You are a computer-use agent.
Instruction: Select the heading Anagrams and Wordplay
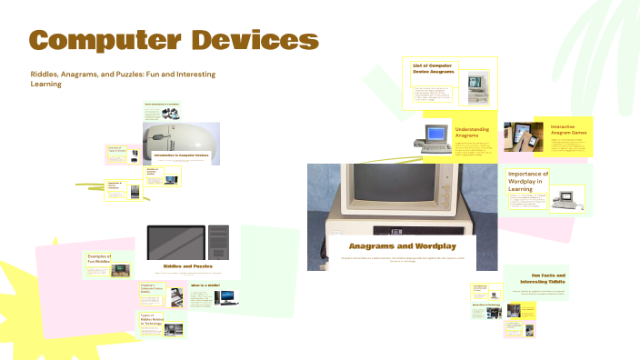402,246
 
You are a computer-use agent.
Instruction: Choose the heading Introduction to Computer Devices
181,155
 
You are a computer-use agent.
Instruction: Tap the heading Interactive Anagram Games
568,130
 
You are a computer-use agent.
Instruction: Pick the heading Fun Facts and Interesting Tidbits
548,277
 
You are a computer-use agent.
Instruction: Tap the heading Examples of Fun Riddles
99,260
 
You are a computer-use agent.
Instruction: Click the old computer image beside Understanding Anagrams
433,135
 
